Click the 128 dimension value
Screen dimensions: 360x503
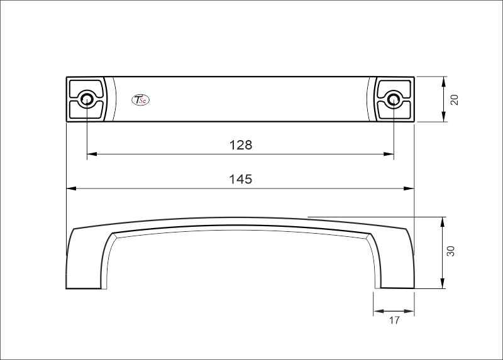point(240,145)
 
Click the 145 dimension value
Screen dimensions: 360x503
point(240,180)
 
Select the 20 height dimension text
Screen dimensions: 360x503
point(455,99)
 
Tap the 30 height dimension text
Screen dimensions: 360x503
point(450,251)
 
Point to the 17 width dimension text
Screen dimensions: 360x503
point(394,321)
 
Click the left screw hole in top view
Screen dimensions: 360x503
point(87,99)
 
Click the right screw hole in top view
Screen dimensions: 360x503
point(394,99)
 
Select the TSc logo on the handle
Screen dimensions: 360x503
point(140,99)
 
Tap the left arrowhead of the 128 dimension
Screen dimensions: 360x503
point(91,153)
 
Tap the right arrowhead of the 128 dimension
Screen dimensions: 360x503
point(389,153)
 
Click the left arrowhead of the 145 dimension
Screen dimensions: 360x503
point(71,188)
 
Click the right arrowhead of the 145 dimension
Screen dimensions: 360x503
point(409,188)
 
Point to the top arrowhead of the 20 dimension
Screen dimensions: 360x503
point(444,80)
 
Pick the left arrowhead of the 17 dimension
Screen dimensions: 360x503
point(377,311)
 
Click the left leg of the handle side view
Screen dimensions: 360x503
point(83,264)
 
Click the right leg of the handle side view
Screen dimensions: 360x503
point(396,264)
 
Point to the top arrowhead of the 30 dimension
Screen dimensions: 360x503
point(444,221)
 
